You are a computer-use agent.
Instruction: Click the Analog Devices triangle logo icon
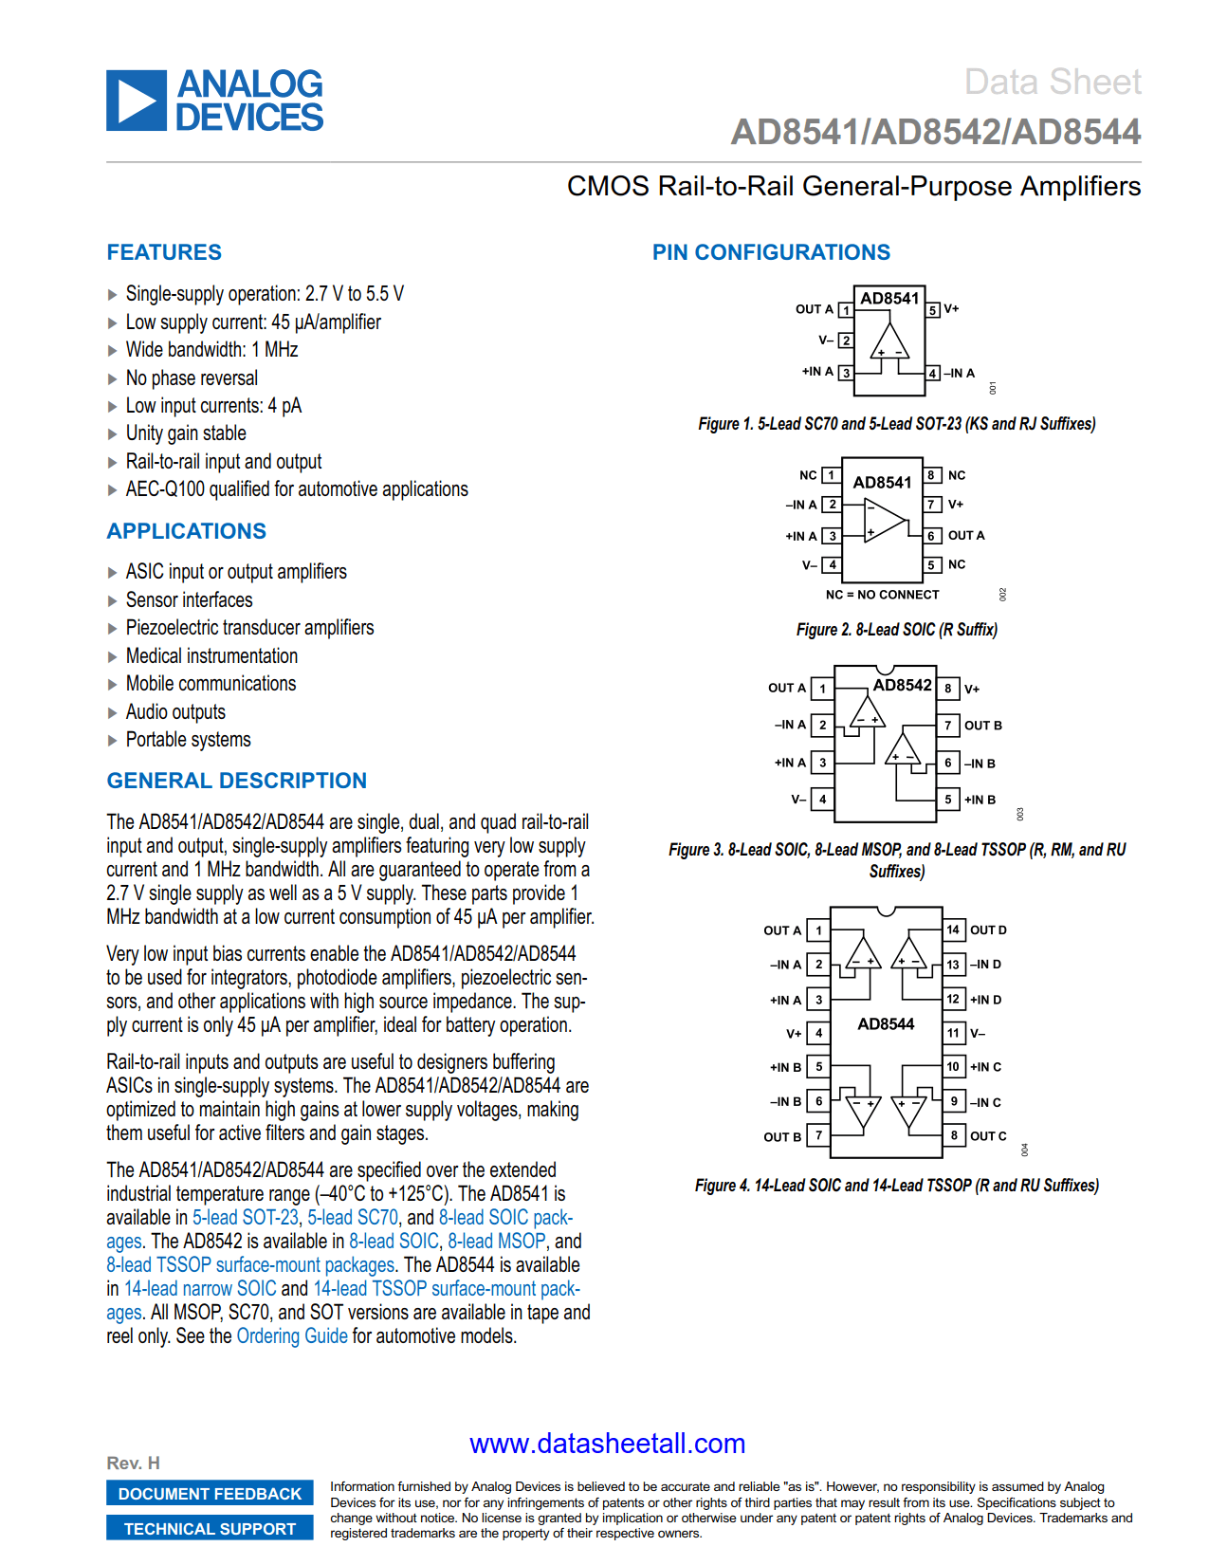pos(137,101)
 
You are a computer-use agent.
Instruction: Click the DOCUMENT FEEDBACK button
pos(210,1494)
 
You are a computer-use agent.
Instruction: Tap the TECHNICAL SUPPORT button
pos(210,1529)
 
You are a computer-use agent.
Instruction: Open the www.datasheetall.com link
pos(607,1444)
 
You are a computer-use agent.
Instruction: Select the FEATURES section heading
pos(164,252)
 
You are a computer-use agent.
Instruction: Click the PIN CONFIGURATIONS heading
pos(771,252)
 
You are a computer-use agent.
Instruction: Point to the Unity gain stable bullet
pos(186,433)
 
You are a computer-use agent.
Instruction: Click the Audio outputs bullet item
pos(175,712)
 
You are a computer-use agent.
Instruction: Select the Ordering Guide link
pos(292,1336)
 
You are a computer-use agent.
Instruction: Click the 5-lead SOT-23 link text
pos(246,1218)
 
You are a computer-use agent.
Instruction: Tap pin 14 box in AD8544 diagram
pos(953,930)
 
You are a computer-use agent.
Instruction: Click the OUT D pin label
pos(988,930)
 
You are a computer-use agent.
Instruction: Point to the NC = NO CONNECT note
pos(882,595)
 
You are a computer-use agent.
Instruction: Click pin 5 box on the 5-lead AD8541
pos(933,310)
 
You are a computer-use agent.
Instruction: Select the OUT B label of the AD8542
pos(983,726)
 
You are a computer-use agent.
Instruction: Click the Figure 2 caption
pos(896,630)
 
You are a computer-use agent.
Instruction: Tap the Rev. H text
pos(133,1464)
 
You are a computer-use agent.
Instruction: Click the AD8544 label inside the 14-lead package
pos(886,1024)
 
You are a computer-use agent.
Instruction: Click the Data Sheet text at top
pos(1052,83)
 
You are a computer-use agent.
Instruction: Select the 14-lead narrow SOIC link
pos(200,1289)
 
